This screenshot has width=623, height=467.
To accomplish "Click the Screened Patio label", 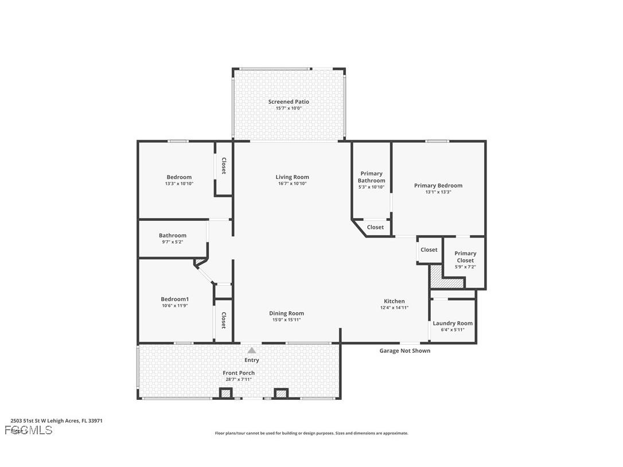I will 289,102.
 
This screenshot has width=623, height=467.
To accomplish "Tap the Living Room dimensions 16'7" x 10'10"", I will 292,184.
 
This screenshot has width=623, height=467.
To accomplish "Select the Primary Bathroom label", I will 371,177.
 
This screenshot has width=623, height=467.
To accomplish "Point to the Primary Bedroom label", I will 438,185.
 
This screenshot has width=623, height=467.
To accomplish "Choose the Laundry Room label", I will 453,323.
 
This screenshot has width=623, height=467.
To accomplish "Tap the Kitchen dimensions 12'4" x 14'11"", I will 394,308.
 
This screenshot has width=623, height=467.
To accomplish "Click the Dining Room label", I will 286,313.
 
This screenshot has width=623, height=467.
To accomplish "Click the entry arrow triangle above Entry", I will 252,350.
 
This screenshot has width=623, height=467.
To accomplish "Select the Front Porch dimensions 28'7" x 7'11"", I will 239,379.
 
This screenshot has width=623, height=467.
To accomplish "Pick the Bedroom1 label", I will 174,299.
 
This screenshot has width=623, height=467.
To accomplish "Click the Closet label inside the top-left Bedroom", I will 224,166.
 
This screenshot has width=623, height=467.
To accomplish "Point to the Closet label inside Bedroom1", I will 224,320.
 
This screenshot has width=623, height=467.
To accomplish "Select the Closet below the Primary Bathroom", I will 375,227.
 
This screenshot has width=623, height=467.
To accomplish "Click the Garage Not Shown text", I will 404,351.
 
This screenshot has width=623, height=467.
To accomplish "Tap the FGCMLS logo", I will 28,430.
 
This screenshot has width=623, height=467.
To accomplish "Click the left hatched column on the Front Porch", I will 226,394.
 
